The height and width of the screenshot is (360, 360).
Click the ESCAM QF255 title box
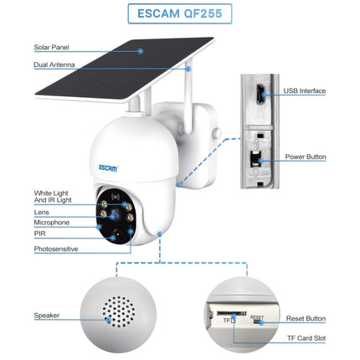tap(179, 15)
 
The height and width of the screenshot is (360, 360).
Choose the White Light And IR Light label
tap(53, 197)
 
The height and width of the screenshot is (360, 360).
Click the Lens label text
tap(42, 213)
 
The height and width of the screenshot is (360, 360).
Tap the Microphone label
tap(51, 224)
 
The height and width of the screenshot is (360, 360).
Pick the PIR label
tap(39, 236)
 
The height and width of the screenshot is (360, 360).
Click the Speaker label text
tap(46, 316)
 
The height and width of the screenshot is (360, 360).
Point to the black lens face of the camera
tap(116, 217)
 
